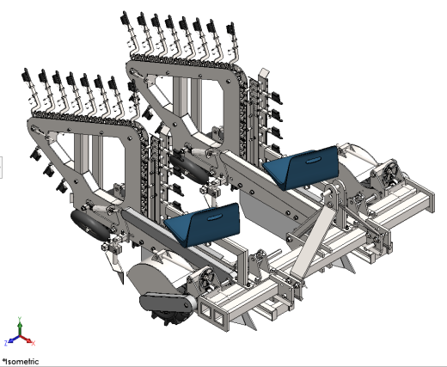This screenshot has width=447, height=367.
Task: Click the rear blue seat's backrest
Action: pos(313,166)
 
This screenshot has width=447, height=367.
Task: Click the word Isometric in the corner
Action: pos(21,362)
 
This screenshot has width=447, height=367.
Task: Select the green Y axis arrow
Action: pos(20,327)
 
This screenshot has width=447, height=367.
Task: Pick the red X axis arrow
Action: pos(28,340)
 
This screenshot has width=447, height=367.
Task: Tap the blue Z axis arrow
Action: pos(12,339)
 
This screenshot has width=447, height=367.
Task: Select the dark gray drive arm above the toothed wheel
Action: pos(166,303)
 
